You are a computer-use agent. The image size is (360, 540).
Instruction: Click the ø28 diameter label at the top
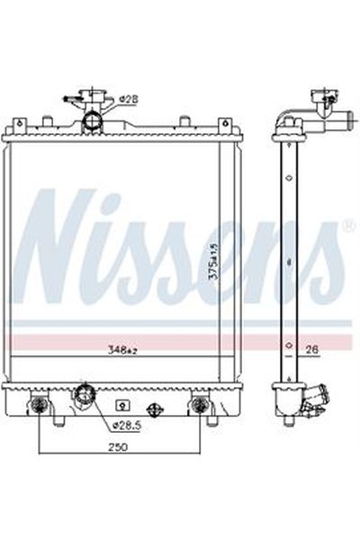(129, 100)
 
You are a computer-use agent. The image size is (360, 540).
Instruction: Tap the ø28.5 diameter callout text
(128, 426)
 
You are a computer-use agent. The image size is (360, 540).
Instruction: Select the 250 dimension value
(118, 447)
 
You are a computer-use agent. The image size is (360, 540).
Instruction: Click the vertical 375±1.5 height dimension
(214, 260)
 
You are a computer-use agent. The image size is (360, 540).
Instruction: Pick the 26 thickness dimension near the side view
(313, 349)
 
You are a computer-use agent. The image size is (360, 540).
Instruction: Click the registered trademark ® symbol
(348, 226)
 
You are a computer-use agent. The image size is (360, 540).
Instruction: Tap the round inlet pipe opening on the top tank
(92, 121)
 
